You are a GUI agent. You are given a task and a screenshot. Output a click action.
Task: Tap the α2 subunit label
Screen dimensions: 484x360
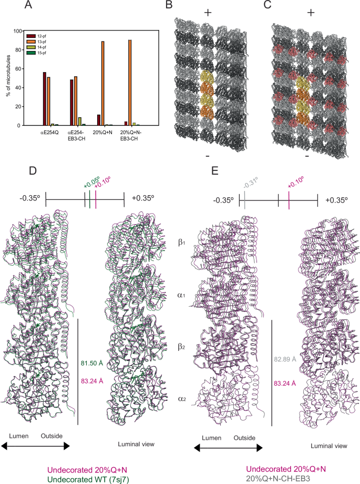[181, 401]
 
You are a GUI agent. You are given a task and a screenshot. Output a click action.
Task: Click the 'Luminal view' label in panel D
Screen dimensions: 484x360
[136, 445]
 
